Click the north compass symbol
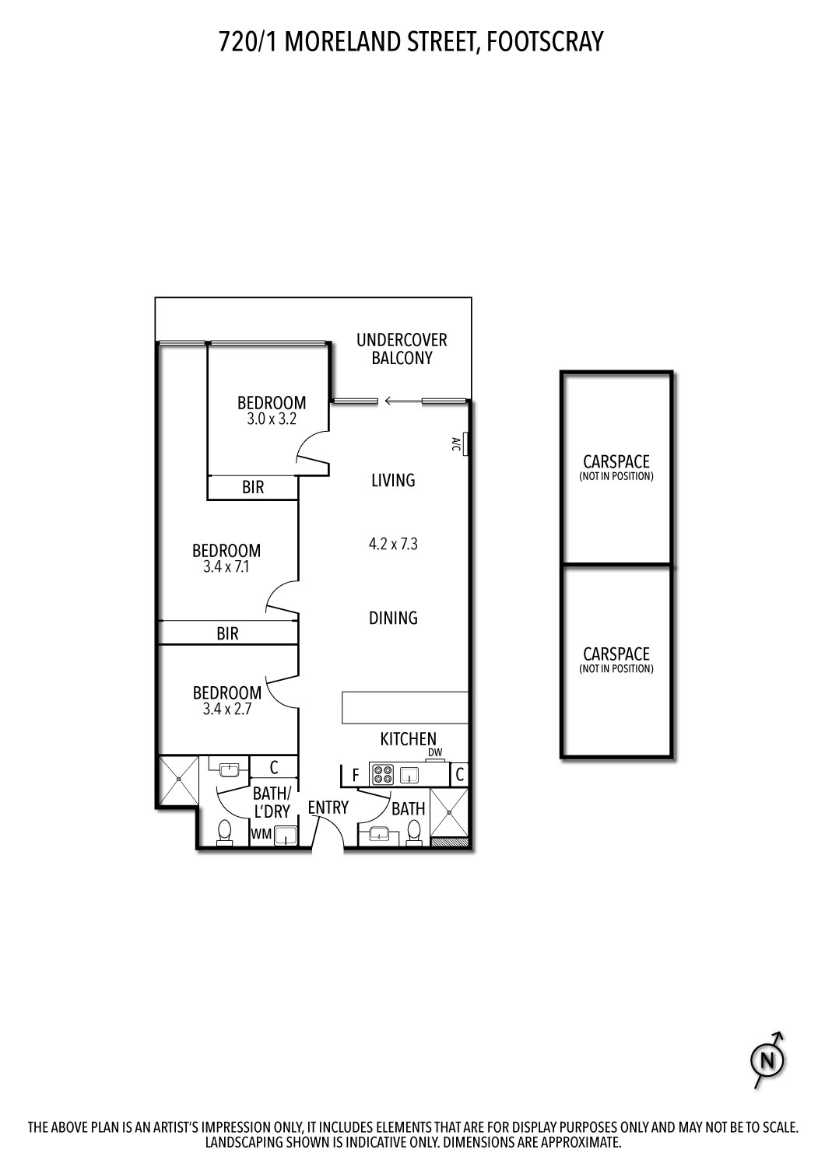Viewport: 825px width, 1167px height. tap(768, 1060)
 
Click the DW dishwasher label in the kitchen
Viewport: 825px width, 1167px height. tap(435, 752)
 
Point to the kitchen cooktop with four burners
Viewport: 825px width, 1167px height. tap(383, 775)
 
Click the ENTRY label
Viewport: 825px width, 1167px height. tap(328, 808)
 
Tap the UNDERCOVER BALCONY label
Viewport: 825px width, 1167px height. tap(402, 349)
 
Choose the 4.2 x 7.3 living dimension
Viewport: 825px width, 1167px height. tap(393, 544)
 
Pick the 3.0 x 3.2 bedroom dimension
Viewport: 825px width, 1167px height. tap(272, 419)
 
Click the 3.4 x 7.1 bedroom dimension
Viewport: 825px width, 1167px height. tap(226, 567)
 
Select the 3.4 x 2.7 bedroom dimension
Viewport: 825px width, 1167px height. tap(226, 709)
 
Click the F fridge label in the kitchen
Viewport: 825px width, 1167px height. tap(356, 776)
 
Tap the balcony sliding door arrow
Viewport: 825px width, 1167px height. tap(402, 401)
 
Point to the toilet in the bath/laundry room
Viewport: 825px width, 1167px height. tap(225, 832)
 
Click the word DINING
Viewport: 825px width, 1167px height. tap(393, 618)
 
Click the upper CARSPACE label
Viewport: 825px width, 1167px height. tap(616, 462)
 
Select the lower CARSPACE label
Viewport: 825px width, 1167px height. tap(616, 654)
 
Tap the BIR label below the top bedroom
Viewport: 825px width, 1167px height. tap(253, 488)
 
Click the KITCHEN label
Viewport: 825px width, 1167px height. tap(408, 738)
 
